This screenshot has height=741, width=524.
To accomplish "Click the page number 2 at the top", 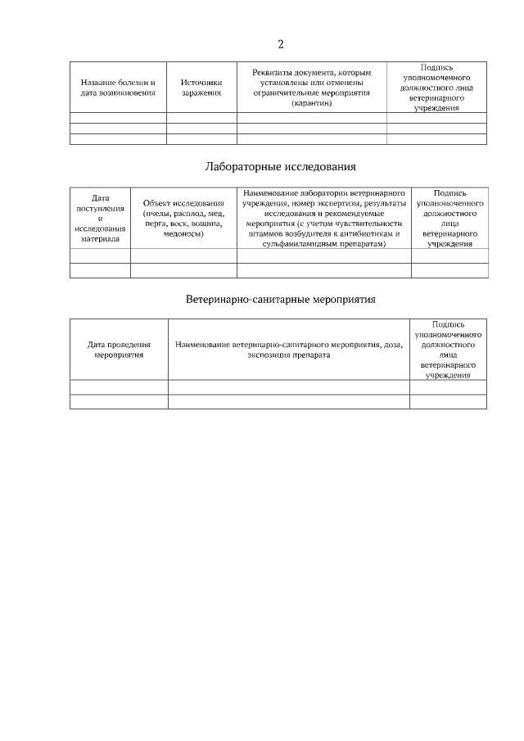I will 280,44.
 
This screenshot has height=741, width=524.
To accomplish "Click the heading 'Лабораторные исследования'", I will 280,167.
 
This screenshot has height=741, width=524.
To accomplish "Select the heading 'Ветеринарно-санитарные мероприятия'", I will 281,300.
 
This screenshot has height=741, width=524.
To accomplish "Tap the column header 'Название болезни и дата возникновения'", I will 118,88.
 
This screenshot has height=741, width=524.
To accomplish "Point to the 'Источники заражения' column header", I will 201,88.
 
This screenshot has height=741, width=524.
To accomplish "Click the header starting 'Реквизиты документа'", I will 311,88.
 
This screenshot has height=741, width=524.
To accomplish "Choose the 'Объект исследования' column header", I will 183,218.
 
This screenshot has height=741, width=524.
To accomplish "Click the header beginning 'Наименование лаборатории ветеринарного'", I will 324,218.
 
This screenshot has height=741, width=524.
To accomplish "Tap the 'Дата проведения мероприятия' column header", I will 119,350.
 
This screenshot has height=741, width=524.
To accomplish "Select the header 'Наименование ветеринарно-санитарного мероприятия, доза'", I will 289,350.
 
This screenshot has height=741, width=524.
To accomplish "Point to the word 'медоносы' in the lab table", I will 183,233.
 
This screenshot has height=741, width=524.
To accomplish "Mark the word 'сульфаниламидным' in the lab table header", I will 296,244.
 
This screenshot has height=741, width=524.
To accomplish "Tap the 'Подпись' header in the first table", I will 436,66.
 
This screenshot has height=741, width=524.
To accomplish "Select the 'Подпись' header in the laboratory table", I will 449,193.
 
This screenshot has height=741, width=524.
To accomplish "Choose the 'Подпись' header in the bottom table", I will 448,324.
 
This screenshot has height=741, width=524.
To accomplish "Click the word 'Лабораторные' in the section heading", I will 242,167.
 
